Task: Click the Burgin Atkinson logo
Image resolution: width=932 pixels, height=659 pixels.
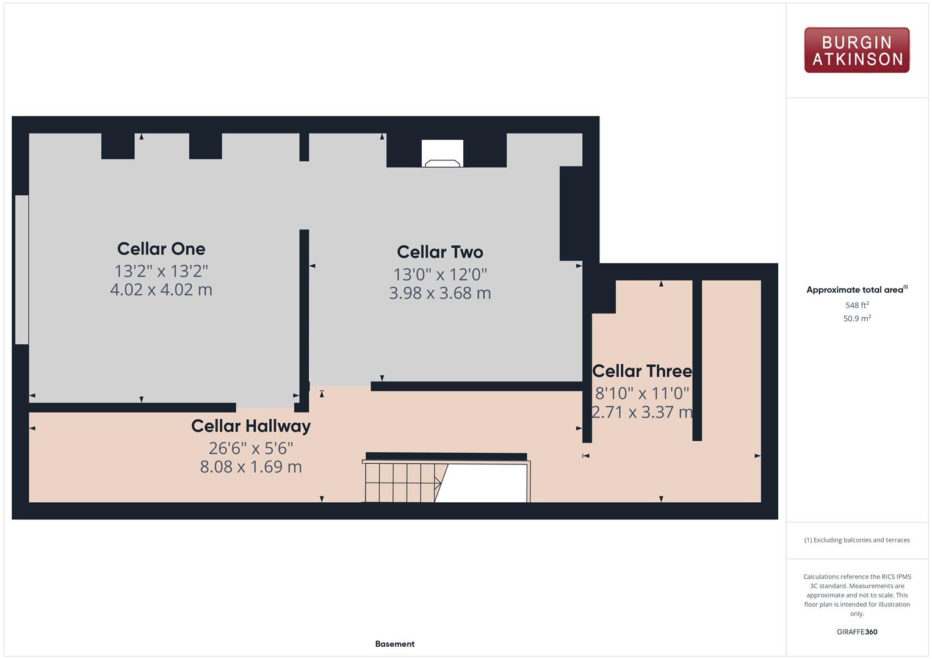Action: pos(857,50)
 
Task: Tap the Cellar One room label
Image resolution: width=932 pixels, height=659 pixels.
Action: pos(161,249)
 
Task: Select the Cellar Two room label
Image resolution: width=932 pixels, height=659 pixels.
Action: pos(440,251)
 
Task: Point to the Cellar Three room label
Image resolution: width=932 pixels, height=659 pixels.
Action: pos(642,371)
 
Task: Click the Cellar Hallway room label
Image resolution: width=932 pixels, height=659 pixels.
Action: pos(251,426)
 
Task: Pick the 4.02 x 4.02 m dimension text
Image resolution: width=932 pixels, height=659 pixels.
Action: pos(161,290)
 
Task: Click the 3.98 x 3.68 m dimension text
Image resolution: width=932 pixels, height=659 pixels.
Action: pos(440,293)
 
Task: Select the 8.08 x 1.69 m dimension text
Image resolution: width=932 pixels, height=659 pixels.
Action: pos(251,467)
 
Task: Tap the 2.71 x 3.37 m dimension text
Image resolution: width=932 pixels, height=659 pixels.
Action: pos(642,412)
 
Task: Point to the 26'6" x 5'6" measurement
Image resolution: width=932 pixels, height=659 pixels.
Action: pos(251,448)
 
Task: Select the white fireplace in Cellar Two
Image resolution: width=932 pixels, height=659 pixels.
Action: pos(443,153)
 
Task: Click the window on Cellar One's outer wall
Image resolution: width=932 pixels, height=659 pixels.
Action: pos(21,270)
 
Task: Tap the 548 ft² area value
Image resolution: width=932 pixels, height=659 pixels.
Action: pos(857,305)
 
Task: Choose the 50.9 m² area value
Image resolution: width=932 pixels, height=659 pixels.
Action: pos(857,319)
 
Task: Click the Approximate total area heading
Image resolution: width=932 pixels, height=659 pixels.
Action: pos(857,290)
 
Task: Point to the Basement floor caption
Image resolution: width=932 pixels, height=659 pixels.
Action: pos(395,644)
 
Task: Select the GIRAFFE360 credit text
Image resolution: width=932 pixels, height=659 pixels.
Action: pos(857,632)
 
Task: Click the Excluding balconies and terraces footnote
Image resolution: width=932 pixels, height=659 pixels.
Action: pos(857,540)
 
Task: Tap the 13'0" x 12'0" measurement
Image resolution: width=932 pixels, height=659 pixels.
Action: pos(440,275)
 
